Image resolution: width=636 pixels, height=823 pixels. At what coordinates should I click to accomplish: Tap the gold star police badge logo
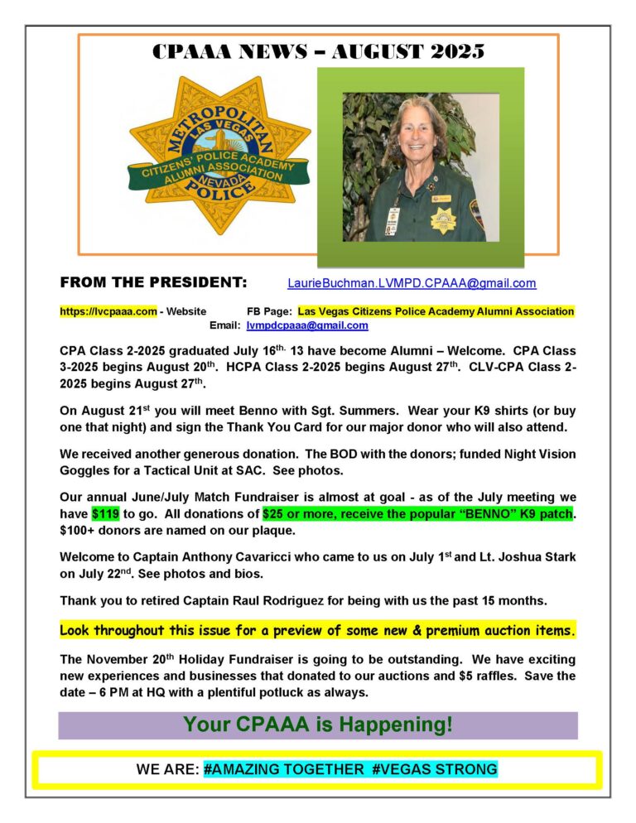218,156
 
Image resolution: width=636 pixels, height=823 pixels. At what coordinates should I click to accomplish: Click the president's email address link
412,283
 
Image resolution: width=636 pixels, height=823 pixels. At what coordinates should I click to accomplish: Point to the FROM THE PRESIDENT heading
154,283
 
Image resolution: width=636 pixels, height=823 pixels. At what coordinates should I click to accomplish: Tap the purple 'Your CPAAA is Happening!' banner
318,725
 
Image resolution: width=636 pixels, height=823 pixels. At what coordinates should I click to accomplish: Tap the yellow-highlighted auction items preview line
318,631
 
